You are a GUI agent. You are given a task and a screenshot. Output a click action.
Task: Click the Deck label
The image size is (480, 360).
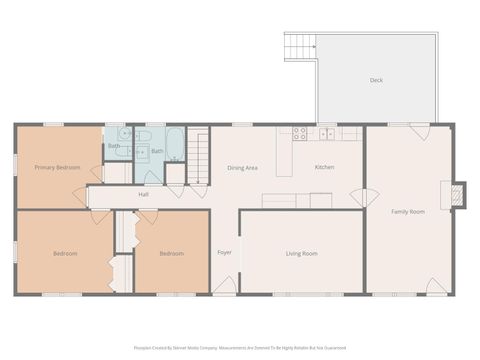(x=376, y=80)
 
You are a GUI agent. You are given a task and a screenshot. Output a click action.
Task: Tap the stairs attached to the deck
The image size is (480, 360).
(x=300, y=46)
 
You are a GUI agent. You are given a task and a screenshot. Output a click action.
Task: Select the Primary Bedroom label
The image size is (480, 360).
(x=57, y=167)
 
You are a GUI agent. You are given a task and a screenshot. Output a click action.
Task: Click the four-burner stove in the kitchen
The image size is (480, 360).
(x=300, y=133)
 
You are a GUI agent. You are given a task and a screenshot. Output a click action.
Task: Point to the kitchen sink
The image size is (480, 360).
(x=326, y=132)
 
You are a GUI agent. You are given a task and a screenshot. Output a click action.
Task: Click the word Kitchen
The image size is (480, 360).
(x=325, y=167)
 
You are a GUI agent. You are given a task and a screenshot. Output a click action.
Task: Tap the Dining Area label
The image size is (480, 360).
(x=242, y=167)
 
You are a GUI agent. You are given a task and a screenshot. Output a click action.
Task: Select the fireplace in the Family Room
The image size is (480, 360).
(x=459, y=195)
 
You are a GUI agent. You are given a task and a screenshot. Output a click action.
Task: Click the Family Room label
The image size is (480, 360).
(x=407, y=212)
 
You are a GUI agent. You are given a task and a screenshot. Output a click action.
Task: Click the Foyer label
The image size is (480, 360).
(x=225, y=252)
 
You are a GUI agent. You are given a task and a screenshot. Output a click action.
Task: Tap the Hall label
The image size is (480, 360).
(x=144, y=194)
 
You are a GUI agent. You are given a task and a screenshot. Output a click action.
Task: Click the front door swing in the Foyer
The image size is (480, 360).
(x=225, y=285)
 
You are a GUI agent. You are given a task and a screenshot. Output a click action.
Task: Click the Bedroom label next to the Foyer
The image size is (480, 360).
(x=172, y=253)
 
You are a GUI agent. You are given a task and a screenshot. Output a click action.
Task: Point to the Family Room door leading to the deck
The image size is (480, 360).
(x=419, y=132)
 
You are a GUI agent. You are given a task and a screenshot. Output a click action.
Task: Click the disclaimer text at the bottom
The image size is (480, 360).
(x=240, y=348)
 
